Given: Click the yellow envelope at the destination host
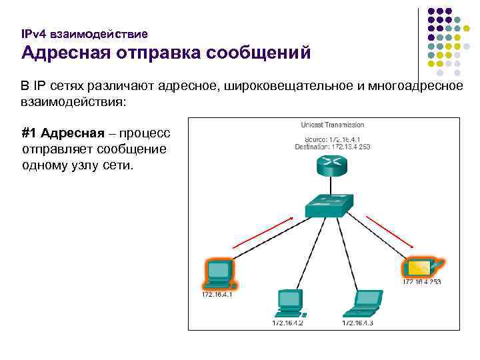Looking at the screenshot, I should (419, 268).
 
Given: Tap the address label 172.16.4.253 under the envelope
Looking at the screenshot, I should (421, 282).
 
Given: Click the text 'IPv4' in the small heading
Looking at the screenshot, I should (32, 33).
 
